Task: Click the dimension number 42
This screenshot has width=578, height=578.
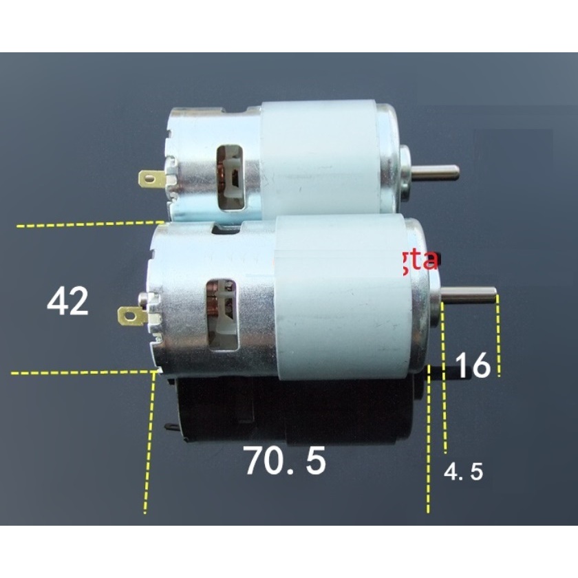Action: click(x=68, y=301)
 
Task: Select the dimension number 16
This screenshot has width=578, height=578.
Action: click(x=473, y=365)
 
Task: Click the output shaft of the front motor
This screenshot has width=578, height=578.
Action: click(x=470, y=294)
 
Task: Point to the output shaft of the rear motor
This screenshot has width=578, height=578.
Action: click(x=433, y=171)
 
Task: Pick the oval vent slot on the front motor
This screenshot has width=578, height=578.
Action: click(x=221, y=314)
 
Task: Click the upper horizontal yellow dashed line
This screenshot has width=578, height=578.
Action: click(x=89, y=224)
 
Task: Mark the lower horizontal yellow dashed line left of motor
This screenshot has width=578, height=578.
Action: click(x=83, y=372)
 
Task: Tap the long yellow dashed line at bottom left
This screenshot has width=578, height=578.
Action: click(x=149, y=447)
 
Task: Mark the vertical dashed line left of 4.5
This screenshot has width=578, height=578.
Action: click(x=429, y=447)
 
